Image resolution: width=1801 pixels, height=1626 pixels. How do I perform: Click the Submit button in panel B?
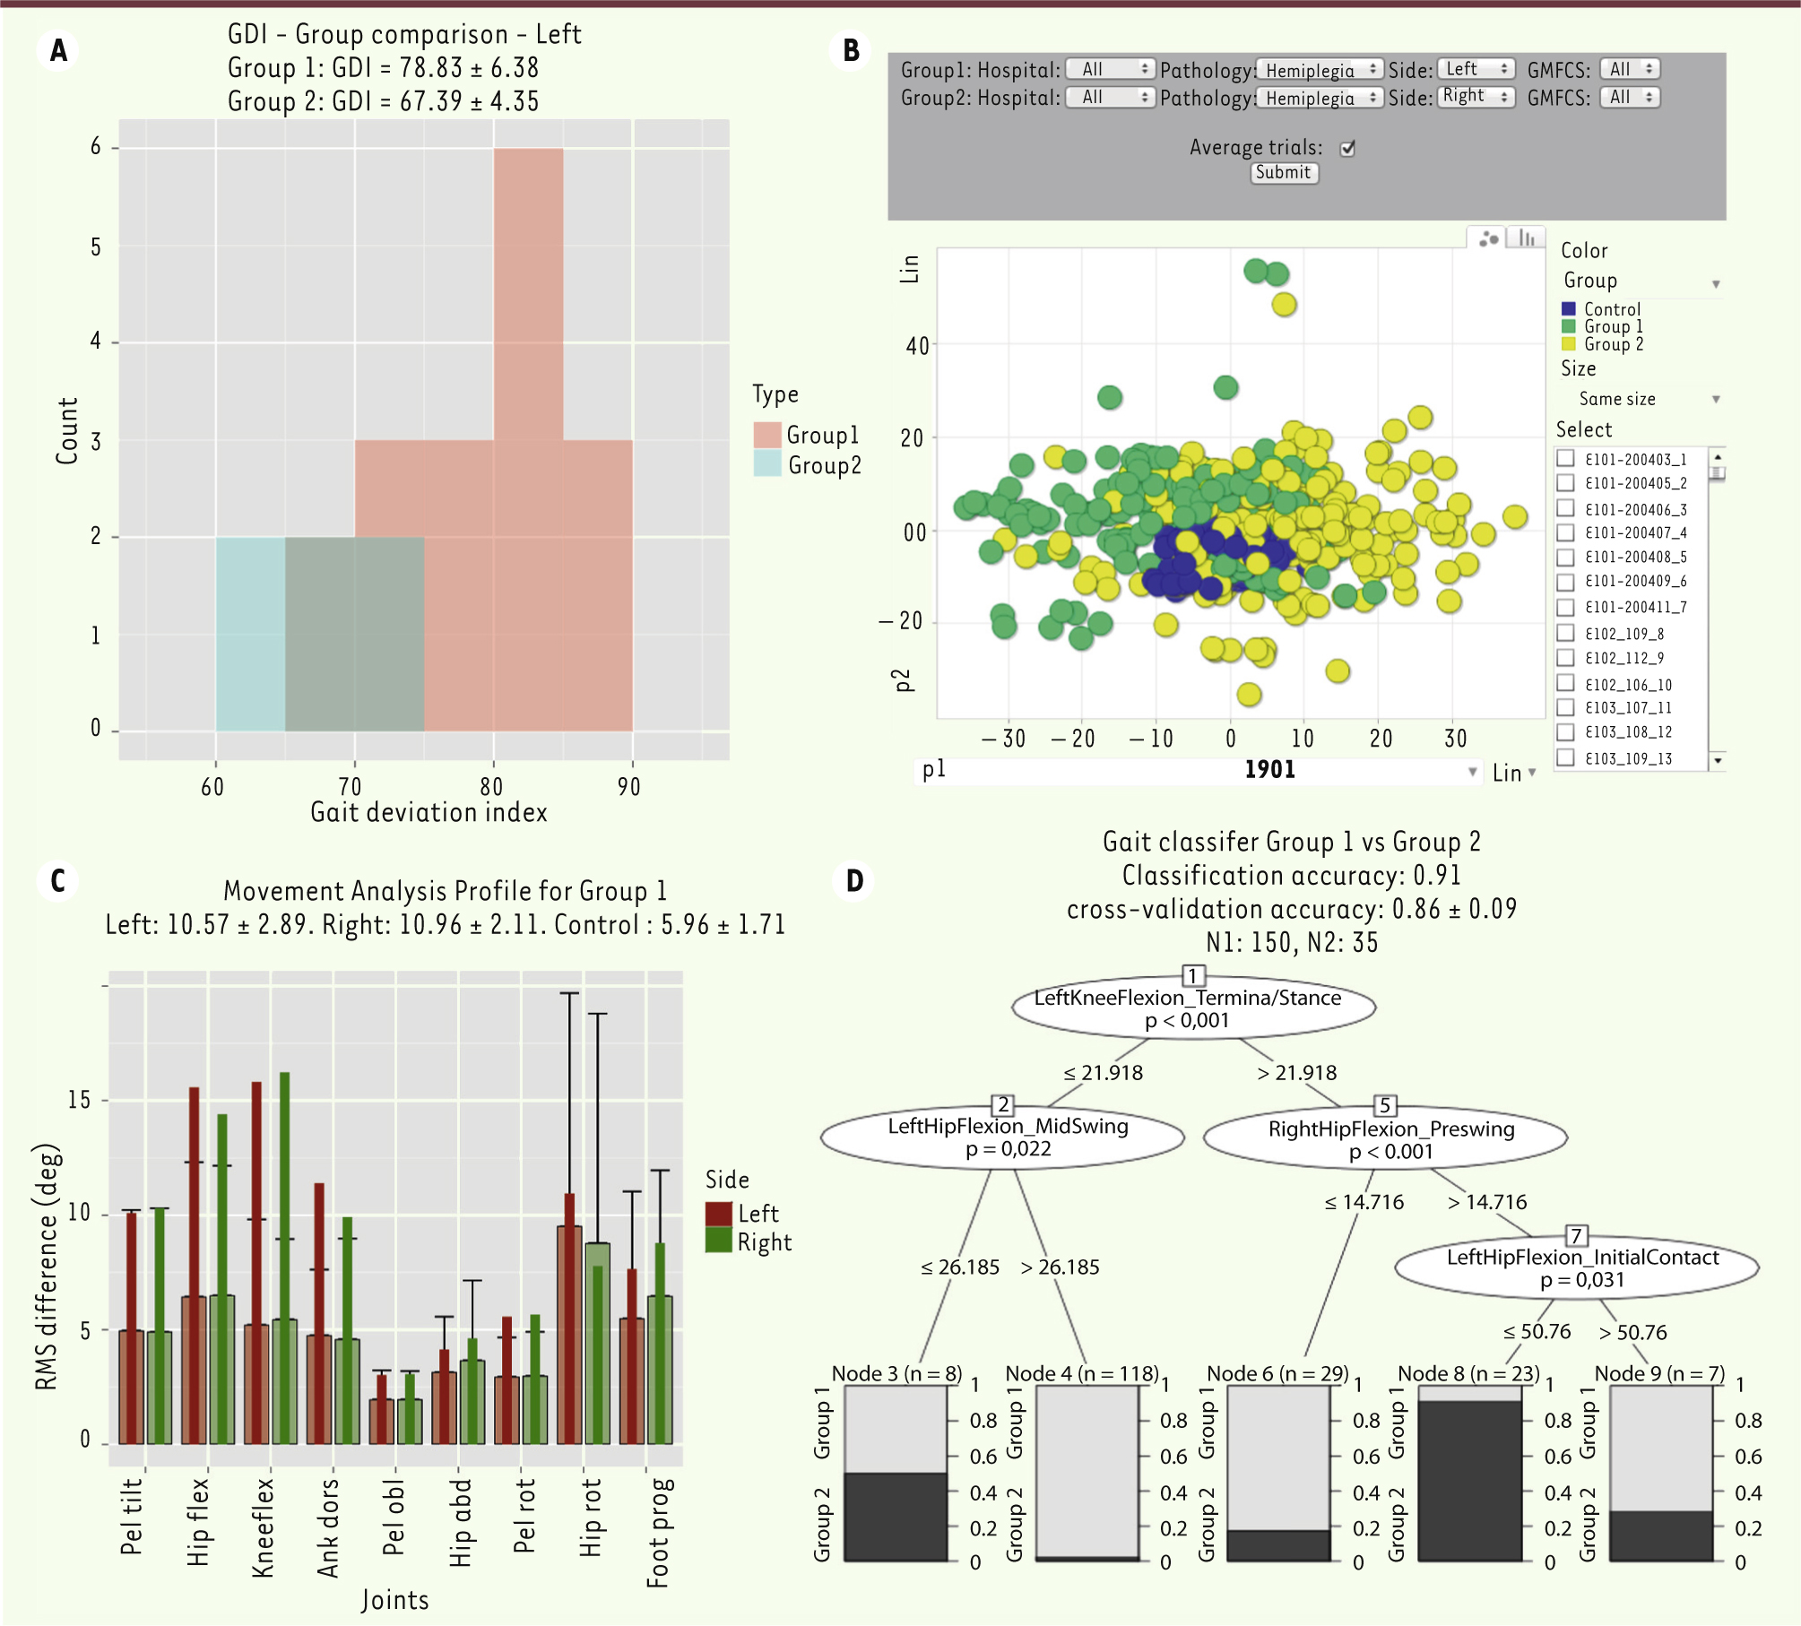[1284, 173]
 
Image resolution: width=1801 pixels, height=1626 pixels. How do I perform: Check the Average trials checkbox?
[1347, 149]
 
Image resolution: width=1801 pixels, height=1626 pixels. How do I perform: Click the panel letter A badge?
[58, 50]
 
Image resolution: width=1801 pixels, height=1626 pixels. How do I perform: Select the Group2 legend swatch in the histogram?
[767, 464]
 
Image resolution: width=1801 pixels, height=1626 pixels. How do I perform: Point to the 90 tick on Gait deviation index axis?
[629, 787]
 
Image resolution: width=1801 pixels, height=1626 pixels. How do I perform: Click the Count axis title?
[67, 431]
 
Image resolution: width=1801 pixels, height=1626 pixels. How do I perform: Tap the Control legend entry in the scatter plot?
[1611, 309]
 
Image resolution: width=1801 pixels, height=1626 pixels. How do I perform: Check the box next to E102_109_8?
[1566, 633]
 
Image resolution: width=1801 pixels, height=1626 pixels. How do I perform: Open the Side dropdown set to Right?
[1476, 97]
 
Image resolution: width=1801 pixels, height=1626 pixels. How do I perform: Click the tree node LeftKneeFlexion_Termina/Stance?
[1193, 1008]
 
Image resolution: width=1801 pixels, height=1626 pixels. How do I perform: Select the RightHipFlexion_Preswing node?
[1385, 1139]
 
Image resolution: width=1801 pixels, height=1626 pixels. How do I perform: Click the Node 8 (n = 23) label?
[1468, 1373]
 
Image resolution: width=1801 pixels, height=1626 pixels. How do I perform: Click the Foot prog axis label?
[658, 1533]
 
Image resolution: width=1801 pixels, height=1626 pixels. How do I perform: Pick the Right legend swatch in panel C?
[718, 1241]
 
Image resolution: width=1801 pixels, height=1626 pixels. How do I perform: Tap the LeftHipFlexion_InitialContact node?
[1577, 1267]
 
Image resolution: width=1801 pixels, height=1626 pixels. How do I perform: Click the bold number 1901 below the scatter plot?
[1269, 770]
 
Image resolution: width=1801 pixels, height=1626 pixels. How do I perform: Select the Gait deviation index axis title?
[429, 813]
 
